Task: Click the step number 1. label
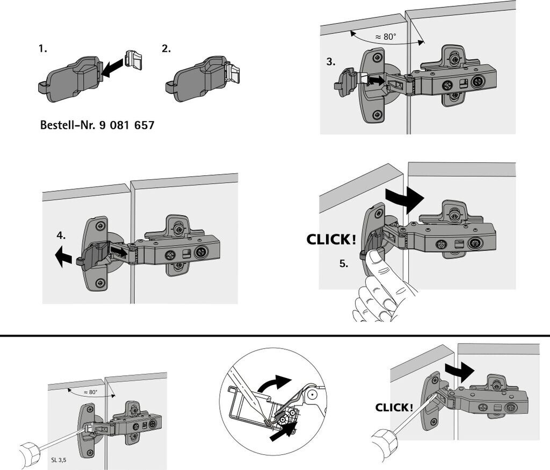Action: (42, 48)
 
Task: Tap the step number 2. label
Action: (167, 48)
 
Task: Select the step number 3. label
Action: (330, 62)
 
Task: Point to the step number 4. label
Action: (61, 235)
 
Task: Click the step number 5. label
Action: (344, 264)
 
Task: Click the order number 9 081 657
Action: (127, 125)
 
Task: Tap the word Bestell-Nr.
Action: (67, 125)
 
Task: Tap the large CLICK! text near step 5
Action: (331, 240)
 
